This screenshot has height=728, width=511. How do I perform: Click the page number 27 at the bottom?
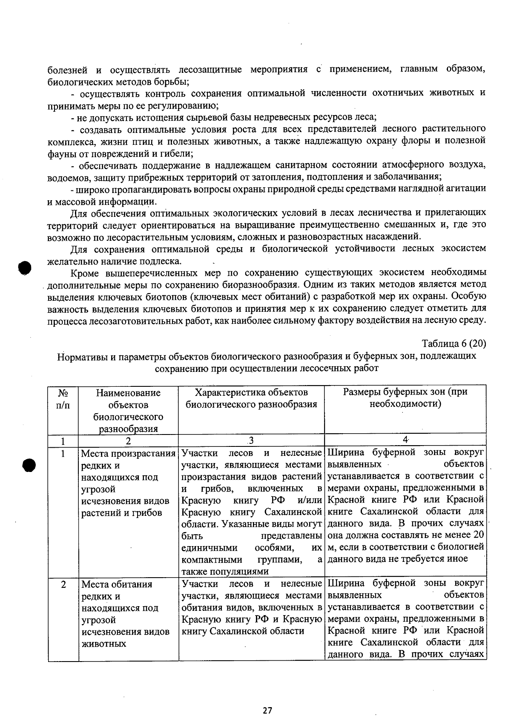click(x=267, y=710)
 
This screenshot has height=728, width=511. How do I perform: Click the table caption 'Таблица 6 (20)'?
click(x=454, y=344)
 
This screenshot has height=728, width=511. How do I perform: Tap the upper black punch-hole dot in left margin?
click(x=25, y=268)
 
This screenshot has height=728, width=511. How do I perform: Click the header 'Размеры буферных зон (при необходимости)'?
click(x=405, y=397)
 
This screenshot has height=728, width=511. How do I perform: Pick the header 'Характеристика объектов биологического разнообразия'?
click(x=251, y=398)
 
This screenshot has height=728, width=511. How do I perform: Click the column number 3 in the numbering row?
click(x=251, y=440)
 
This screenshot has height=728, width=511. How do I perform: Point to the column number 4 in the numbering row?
click(x=405, y=440)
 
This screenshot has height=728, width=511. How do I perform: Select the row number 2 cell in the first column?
click(x=63, y=584)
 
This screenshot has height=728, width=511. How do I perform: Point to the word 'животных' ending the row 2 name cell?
click(x=103, y=644)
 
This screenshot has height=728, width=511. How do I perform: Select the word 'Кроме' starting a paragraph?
click(x=84, y=273)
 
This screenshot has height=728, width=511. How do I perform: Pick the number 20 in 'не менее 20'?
click(x=479, y=535)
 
